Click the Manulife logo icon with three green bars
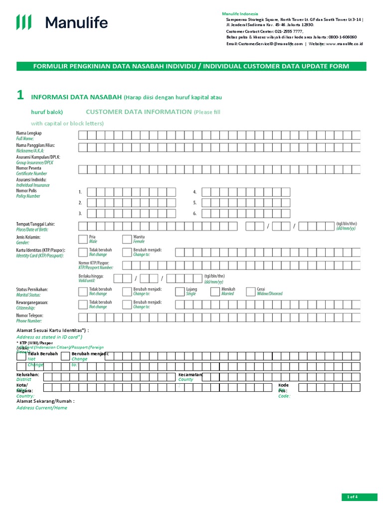click(24, 22)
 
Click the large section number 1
click(20, 96)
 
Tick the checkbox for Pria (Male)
click(83, 239)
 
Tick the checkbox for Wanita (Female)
click(127, 239)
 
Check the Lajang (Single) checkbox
click(180, 291)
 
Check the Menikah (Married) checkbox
click(215, 291)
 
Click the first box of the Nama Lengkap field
click(83, 134)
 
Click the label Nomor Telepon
click(29, 315)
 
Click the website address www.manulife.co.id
click(345, 44)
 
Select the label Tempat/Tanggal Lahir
click(35, 224)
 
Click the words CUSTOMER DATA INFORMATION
click(139, 112)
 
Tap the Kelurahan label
click(27, 374)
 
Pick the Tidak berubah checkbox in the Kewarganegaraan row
click(83, 304)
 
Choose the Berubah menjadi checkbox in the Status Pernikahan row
click(127, 291)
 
